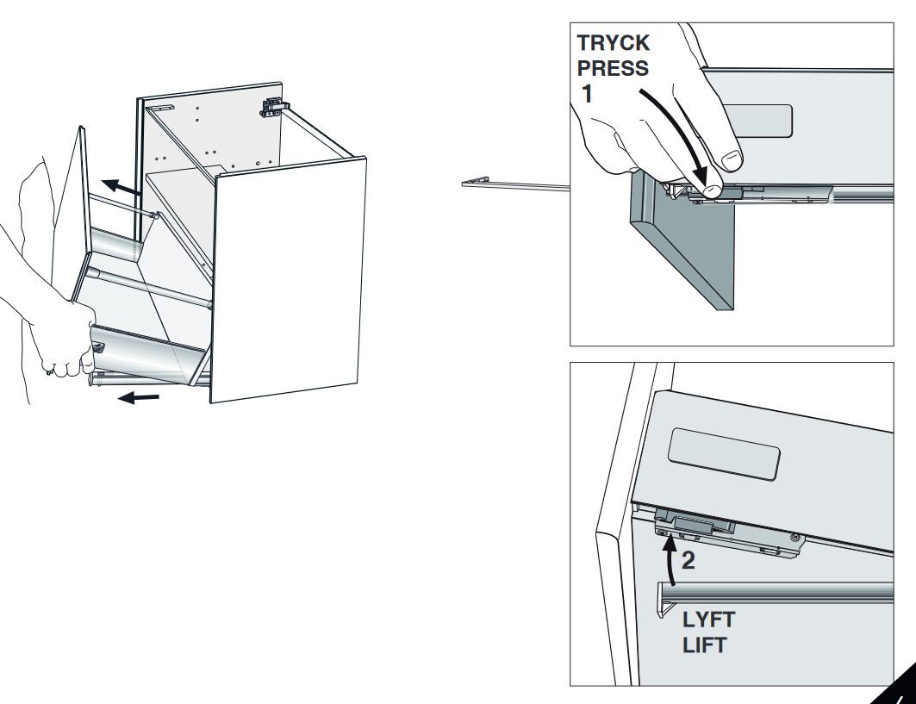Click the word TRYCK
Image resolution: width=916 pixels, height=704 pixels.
point(614,44)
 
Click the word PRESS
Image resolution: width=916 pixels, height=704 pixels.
point(614,68)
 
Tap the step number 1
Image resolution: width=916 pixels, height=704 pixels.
point(587,94)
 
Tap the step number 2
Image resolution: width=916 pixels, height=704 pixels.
point(689,561)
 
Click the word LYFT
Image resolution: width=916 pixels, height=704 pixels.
point(709,620)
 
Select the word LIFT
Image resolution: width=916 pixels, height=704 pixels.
point(706,645)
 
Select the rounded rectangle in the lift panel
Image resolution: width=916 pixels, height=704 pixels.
point(725,452)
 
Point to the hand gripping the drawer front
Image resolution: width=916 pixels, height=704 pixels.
point(60,336)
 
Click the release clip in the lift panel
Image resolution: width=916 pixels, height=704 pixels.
point(693,523)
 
